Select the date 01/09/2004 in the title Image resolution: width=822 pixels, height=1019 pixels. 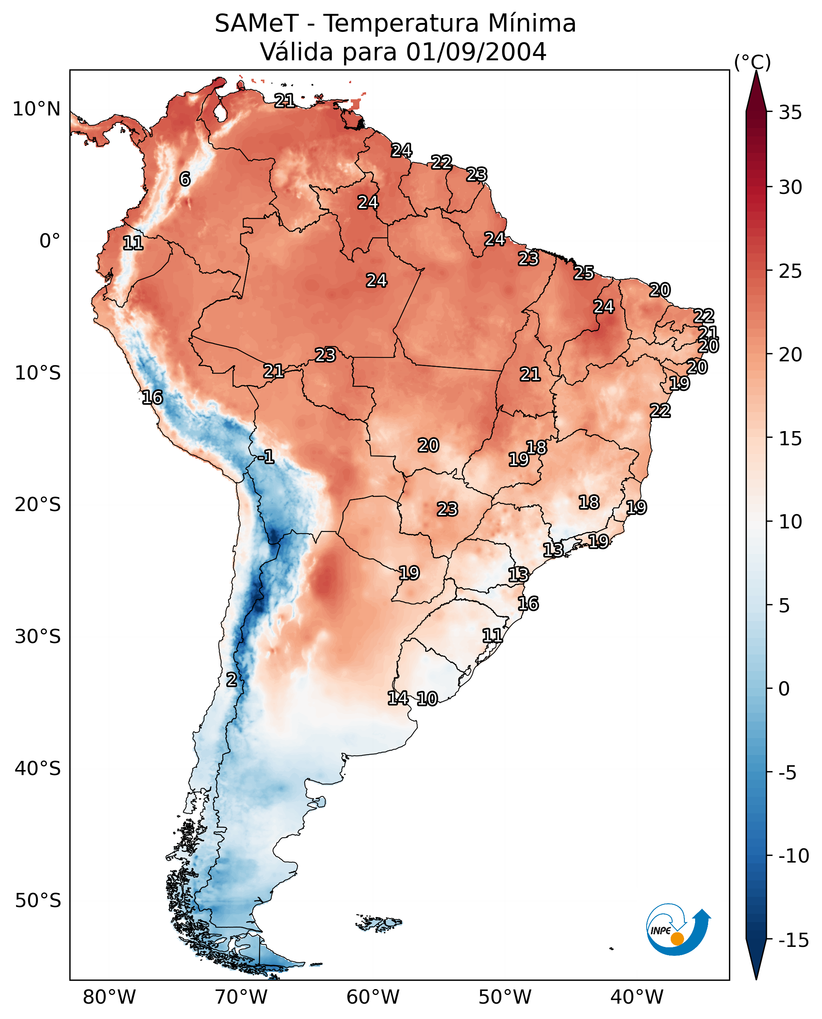tap(476, 52)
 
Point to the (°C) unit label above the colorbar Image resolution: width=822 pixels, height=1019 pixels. tap(752, 62)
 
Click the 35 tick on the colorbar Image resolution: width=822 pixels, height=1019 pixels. tap(790, 113)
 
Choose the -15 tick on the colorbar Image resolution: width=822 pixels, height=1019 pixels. tap(793, 940)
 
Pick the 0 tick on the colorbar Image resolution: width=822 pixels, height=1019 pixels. tap(784, 688)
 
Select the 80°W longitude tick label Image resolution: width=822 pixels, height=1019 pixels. tap(109, 997)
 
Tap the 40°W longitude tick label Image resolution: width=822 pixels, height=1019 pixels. tap(636, 997)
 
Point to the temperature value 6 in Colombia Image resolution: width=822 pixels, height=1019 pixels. tap(185, 179)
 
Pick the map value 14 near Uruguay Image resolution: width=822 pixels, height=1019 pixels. tap(398, 698)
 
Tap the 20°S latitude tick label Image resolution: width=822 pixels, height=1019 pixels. tap(38, 505)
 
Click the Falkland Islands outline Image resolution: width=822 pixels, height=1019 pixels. tap(379, 923)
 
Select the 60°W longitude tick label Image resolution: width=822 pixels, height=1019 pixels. tap(373, 997)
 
